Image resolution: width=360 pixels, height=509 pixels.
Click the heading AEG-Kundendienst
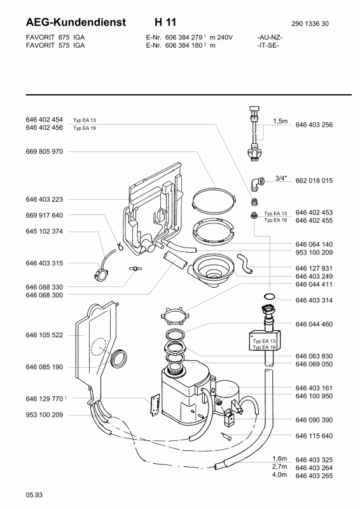coord(76,22)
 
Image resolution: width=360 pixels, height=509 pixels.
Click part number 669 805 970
coord(44,151)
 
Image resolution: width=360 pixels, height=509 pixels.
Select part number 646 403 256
coord(314,125)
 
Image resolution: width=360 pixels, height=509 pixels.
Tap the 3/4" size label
coord(281,178)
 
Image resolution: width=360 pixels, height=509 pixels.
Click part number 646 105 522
coord(44,335)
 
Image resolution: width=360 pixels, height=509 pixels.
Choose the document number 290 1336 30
coord(310,24)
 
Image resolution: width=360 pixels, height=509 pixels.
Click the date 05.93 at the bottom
coord(34,495)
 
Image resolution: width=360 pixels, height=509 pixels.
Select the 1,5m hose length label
coord(280,121)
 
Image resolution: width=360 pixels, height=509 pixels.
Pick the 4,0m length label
coord(279,475)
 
